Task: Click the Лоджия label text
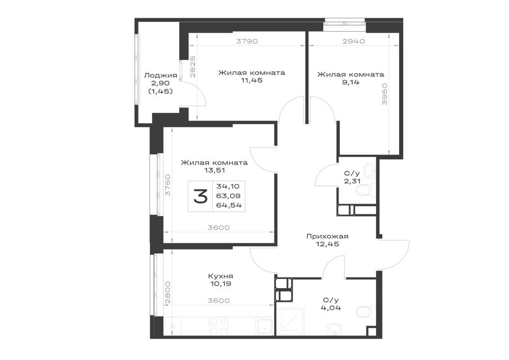[160, 76]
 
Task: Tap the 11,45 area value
[251, 80]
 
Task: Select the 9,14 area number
[351, 82]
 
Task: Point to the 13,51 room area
[215, 170]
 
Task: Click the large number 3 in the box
[200, 197]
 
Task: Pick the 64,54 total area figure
[229, 205]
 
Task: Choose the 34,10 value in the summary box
[228, 186]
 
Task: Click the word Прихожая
[327, 236]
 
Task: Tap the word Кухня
[220, 276]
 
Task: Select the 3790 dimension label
[247, 41]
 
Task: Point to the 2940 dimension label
[354, 41]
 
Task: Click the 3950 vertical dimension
[385, 94]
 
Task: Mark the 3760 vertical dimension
[167, 185]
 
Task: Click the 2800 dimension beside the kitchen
[167, 292]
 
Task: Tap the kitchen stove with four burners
[219, 326]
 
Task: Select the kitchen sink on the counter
[265, 326]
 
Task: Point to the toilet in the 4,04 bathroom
[363, 312]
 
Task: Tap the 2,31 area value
[352, 181]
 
